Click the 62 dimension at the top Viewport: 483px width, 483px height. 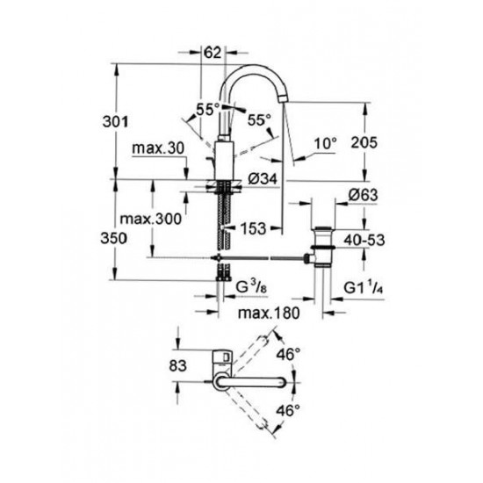(x=213, y=53)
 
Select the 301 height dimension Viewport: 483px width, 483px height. (x=115, y=122)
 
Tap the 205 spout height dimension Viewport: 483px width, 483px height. (x=364, y=142)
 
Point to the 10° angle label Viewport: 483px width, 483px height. (x=326, y=143)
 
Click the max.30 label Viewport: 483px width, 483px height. (x=158, y=148)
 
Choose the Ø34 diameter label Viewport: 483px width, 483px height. (x=263, y=178)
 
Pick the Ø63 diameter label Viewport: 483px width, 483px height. (x=363, y=195)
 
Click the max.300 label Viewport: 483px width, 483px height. (x=151, y=219)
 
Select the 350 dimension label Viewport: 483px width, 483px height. (x=113, y=238)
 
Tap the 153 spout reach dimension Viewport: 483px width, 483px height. (x=253, y=228)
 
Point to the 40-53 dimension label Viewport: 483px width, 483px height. (x=364, y=240)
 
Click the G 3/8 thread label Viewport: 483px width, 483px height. (x=251, y=287)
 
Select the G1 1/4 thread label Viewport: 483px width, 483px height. (x=364, y=287)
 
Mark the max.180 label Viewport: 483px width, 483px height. (x=269, y=314)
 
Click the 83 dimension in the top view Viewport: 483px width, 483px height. (x=177, y=365)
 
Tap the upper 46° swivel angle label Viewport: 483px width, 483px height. (x=288, y=354)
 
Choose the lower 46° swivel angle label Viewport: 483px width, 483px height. (x=288, y=410)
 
